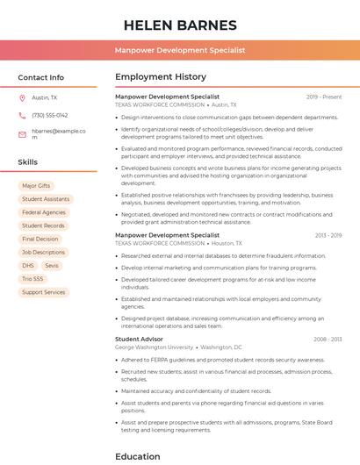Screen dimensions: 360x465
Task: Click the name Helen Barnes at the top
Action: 180,25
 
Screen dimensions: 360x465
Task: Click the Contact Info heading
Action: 40,77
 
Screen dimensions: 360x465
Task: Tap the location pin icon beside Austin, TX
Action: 22,97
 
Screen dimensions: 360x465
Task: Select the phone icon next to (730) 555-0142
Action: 22,115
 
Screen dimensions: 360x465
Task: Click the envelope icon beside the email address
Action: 22,134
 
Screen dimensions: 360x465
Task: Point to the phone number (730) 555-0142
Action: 49,115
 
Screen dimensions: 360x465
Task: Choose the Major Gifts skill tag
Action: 36,186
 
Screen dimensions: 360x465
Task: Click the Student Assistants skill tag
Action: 45,199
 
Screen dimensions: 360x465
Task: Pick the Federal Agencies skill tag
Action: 44,212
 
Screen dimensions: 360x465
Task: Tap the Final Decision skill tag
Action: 40,239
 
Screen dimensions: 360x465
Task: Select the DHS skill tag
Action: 28,265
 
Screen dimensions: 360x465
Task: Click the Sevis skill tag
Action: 52,265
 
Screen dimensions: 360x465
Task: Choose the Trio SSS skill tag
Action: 32,279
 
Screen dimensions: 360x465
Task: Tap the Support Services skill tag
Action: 44,292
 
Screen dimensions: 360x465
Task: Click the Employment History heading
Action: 161,77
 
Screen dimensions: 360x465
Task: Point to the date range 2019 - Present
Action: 324,97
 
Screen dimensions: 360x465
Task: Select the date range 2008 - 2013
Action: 328,339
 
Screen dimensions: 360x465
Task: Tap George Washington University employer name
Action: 154,347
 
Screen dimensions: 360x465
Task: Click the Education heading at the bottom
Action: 138,456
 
